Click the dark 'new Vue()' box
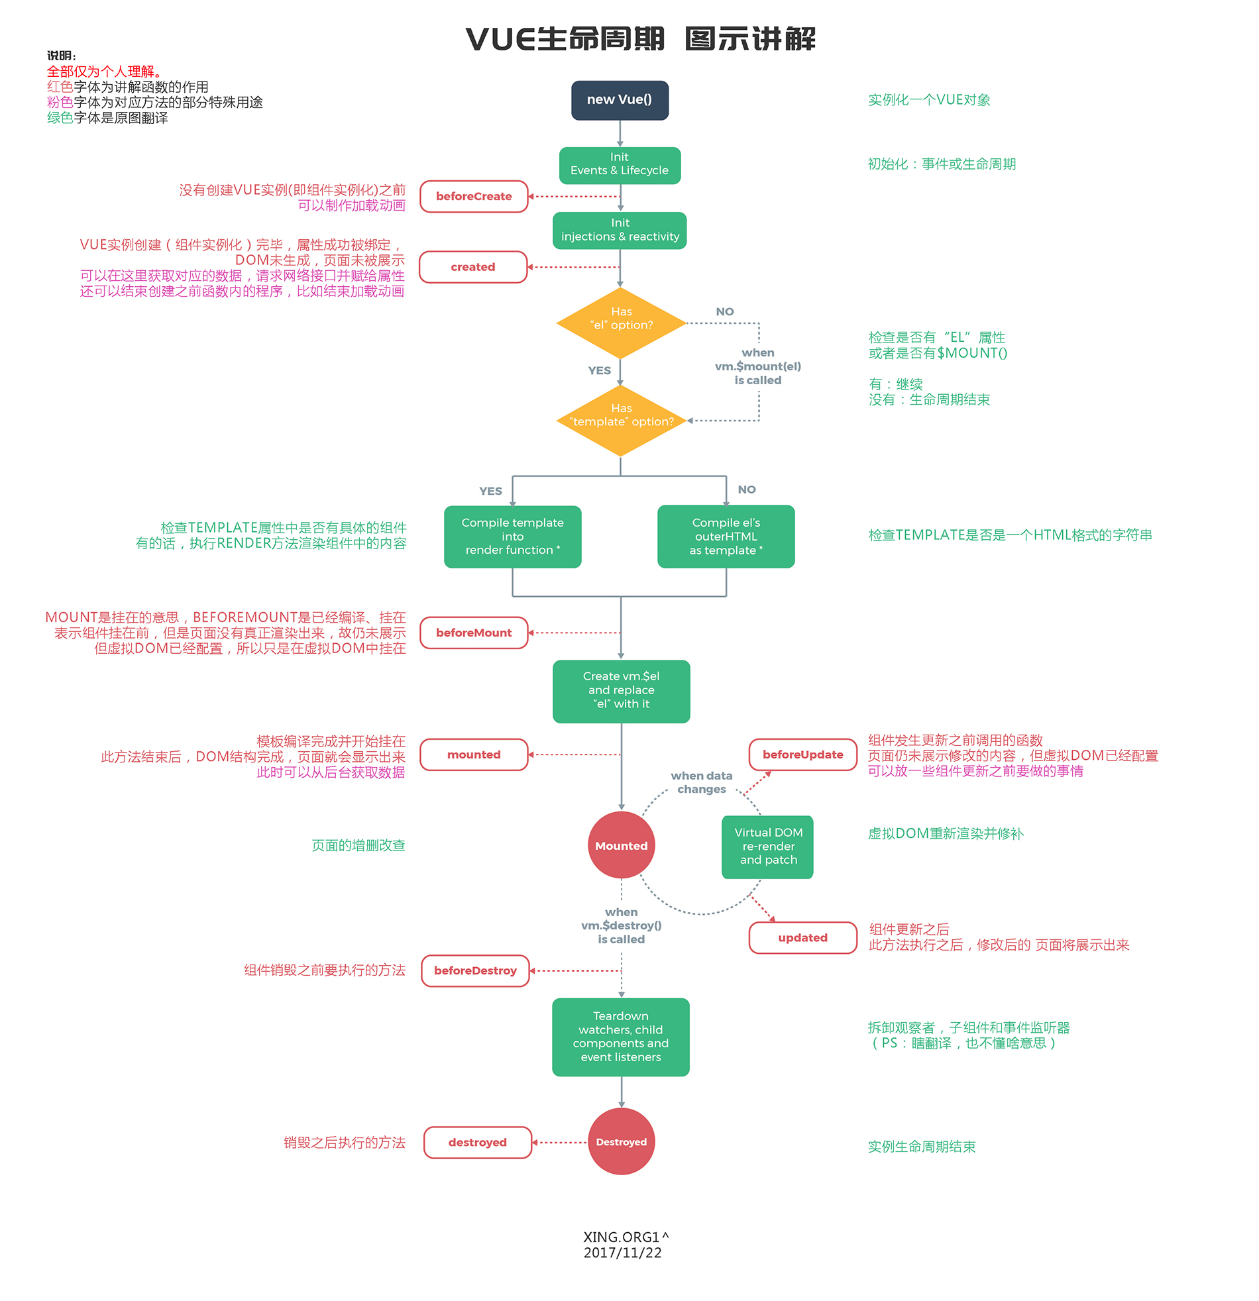(x=620, y=100)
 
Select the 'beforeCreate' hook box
(x=474, y=197)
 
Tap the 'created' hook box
(x=473, y=267)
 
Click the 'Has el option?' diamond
(x=621, y=323)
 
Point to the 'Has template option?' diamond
(x=621, y=420)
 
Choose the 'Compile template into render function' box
(x=512, y=537)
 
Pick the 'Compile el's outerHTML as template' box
(x=726, y=537)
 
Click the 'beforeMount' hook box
(x=474, y=633)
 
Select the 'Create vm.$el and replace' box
(x=621, y=691)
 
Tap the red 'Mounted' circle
(x=621, y=845)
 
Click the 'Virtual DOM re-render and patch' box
(x=767, y=847)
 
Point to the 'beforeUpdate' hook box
(x=803, y=755)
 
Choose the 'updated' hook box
(x=803, y=938)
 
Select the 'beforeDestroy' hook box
(x=475, y=970)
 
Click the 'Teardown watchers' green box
(x=620, y=1037)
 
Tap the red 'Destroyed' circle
(x=621, y=1142)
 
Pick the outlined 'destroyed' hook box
(x=478, y=1143)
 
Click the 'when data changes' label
(x=701, y=782)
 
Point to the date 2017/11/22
(x=622, y=1253)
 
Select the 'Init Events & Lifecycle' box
(x=620, y=165)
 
